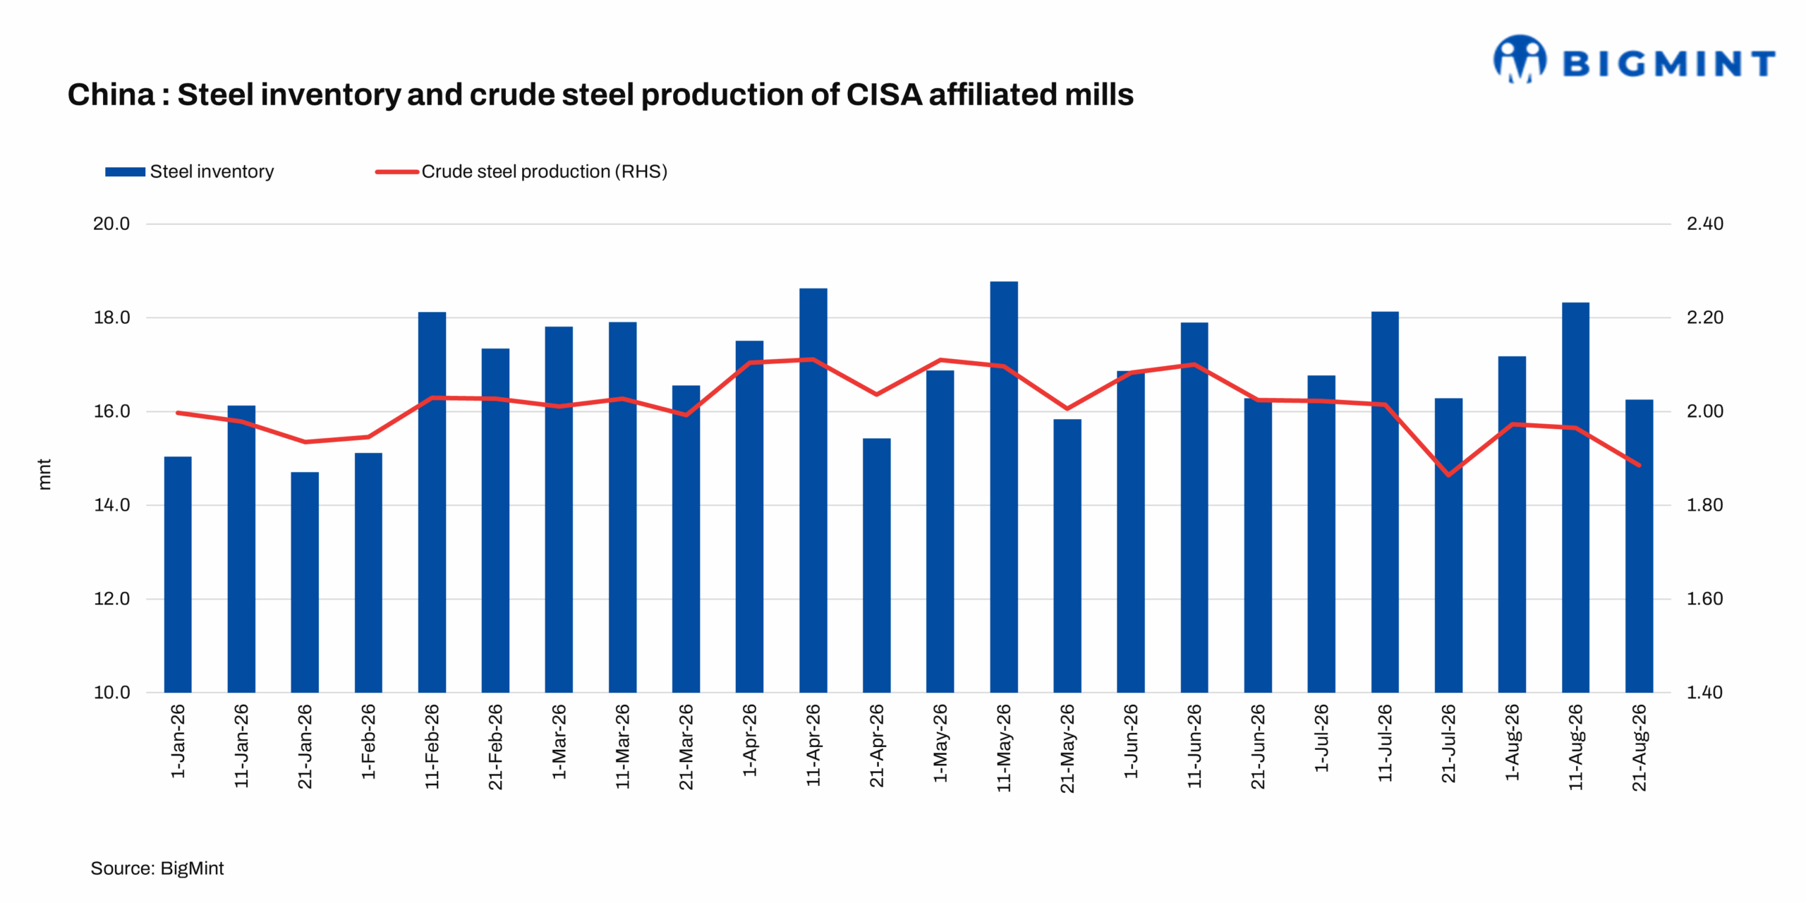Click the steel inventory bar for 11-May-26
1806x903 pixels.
[1003, 487]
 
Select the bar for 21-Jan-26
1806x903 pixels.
[305, 582]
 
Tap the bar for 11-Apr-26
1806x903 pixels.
[813, 490]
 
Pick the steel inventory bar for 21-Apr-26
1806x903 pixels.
[876, 565]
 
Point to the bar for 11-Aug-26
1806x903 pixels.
[1575, 497]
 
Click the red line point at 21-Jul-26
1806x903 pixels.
[1448, 475]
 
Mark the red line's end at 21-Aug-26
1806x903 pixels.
[1639, 465]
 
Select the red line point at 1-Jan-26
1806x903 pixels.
[177, 413]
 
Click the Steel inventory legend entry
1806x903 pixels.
[189, 171]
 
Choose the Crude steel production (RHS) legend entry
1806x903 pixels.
[521, 171]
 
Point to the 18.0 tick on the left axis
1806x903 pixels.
[111, 317]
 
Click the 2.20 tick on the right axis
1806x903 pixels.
[1704, 317]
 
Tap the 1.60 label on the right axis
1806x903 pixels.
[1704, 599]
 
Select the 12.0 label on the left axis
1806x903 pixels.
[111, 599]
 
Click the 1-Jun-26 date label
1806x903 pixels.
[1131, 741]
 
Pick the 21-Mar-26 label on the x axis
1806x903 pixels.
[686, 746]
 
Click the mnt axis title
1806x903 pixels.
[44, 474]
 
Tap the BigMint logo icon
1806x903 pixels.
[1520, 59]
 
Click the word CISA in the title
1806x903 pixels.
[884, 95]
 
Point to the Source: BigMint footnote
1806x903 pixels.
[157, 868]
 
